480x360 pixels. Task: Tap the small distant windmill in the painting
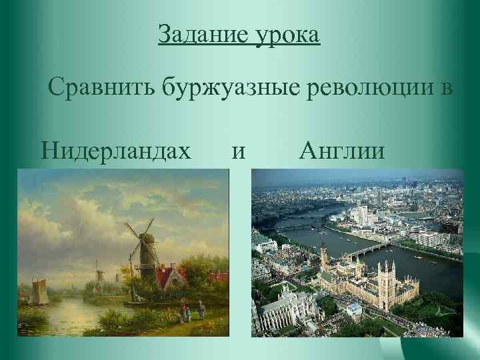click(99, 274)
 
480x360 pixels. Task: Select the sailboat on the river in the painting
click(38, 291)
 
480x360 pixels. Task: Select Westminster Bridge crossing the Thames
click(370, 251)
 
